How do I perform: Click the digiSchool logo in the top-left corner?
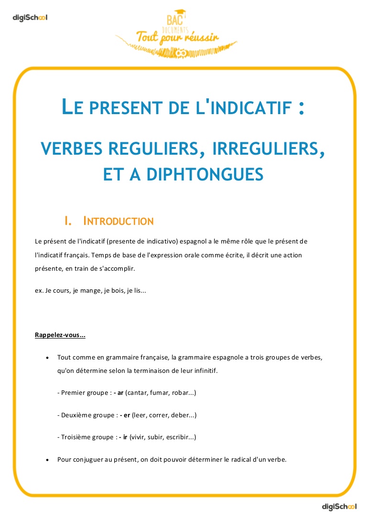(30, 18)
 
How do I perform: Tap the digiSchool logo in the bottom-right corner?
(339, 507)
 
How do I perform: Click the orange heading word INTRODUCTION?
(118, 221)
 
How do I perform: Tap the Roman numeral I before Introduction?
(67, 221)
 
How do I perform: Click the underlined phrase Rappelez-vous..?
(60, 335)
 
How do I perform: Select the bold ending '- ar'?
(119, 392)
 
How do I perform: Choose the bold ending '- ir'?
(123, 437)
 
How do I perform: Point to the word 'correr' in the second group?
(157, 415)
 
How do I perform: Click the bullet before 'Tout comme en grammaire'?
(47, 358)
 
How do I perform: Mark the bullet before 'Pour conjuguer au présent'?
(47, 460)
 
